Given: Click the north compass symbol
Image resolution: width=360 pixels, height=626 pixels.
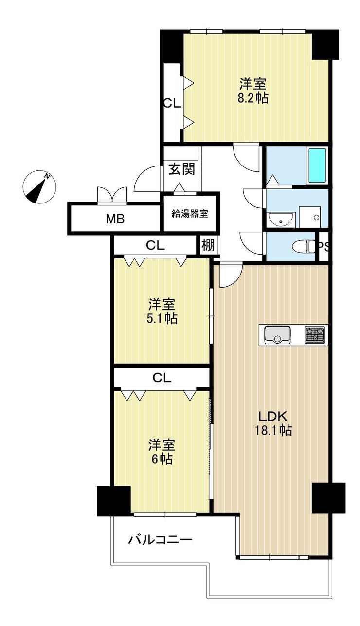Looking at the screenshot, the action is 39,186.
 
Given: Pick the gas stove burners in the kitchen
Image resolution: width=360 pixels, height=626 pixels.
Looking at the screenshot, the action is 315,335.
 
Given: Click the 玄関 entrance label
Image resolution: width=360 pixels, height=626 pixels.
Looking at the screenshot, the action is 182,169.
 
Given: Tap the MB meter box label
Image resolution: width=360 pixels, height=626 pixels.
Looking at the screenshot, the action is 115,219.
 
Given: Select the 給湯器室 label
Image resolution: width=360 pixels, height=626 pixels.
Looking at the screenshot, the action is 190,214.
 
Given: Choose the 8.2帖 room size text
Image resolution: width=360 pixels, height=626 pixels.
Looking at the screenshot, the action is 253,98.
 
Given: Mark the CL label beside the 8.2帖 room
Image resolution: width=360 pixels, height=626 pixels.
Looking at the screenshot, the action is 172,104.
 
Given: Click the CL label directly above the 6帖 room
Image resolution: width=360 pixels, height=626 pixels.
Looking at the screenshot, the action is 162,378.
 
